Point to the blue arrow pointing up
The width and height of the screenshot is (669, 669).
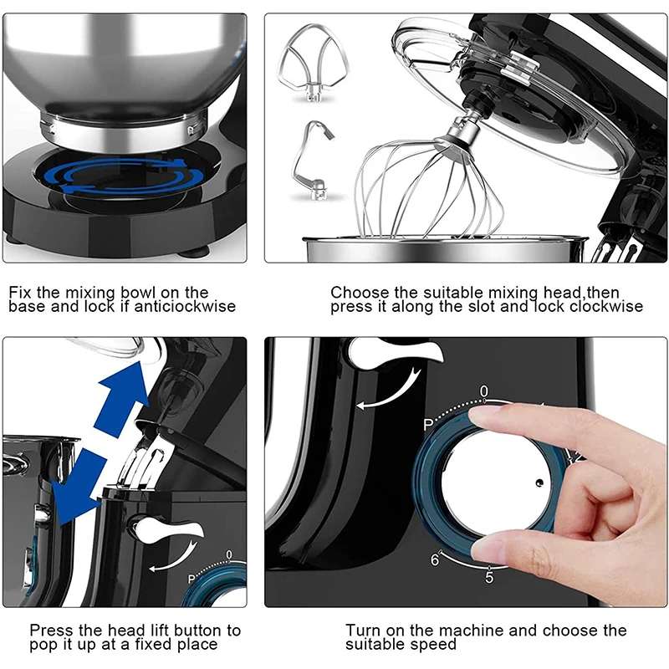(121, 399)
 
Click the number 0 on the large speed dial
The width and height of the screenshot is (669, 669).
(483, 391)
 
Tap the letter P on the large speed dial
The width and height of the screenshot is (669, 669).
(428, 425)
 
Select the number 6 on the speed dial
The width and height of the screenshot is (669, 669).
(435, 559)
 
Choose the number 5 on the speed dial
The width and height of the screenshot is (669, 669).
(489, 577)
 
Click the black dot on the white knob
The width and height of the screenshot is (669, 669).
(539, 483)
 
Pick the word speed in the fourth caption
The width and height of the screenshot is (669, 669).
(432, 645)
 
